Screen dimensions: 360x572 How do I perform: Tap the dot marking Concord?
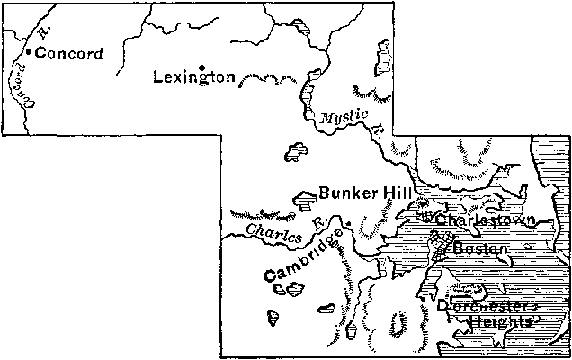(29, 52)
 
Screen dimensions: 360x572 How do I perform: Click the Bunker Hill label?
(365, 192)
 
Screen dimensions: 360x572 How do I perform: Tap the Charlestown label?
(486, 220)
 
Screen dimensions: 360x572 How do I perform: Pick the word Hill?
(397, 192)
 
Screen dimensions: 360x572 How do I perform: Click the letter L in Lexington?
(159, 77)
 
